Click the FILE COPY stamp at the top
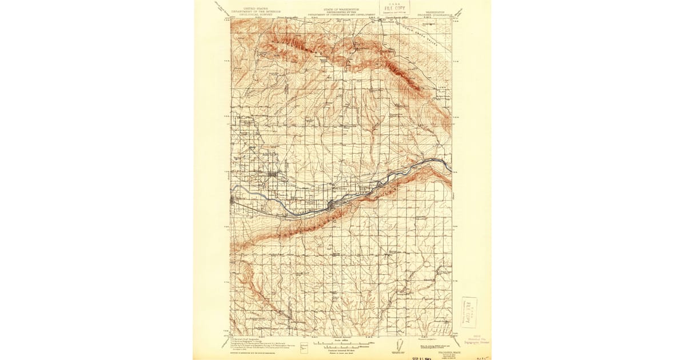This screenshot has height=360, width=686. pyautogui.click(x=394, y=7)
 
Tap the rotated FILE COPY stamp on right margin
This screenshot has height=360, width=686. pyautogui.click(x=469, y=312)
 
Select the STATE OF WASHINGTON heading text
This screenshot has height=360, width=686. pyautogui.click(x=342, y=9)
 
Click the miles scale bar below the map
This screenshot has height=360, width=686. pyautogui.click(x=342, y=343)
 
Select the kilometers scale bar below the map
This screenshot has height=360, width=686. pyautogui.click(x=342, y=346)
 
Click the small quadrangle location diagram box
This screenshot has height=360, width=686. pyautogui.click(x=304, y=346)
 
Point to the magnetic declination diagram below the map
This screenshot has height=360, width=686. pyautogui.click(x=400, y=346)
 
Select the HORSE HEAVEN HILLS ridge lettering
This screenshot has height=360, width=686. pyautogui.click(x=320, y=220)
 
